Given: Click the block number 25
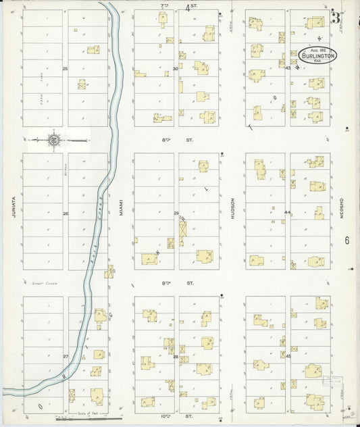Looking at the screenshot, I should [66, 69].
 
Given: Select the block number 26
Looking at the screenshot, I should [66, 214].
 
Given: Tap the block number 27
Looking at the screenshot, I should [66, 356].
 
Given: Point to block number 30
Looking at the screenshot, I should [176, 69].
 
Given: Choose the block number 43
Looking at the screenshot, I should [288, 68].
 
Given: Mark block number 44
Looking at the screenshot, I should [287, 213].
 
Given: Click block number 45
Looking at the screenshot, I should [288, 356].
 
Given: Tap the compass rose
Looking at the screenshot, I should [53, 141].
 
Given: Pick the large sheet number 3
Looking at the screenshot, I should [336, 17].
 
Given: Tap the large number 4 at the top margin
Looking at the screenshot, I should [188, 7].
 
